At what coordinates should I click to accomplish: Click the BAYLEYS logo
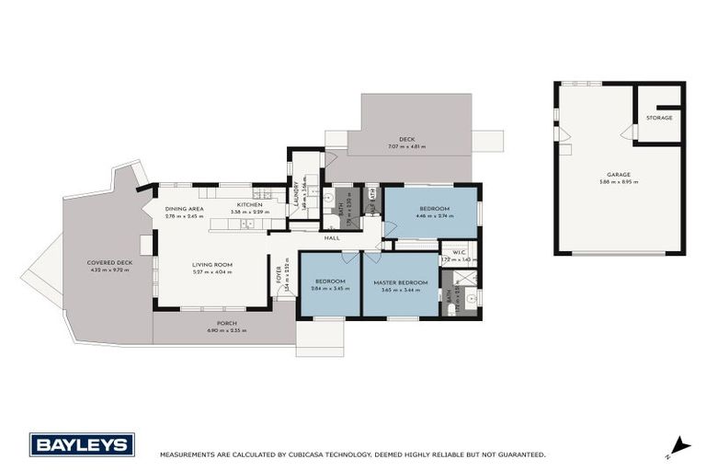(x=82, y=444)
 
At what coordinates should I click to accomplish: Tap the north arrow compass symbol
(x=678, y=447)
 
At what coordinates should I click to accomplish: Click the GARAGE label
(x=619, y=174)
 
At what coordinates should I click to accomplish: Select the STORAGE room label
(x=659, y=118)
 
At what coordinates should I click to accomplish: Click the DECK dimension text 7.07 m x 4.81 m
(x=406, y=147)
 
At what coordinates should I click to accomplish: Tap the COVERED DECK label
(x=109, y=262)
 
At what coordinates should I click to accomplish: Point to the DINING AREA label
(x=184, y=209)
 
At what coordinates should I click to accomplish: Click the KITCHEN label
(x=249, y=204)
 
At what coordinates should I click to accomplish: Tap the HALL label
(x=331, y=237)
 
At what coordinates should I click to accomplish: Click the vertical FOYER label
(x=279, y=275)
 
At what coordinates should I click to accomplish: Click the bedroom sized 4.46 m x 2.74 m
(x=432, y=213)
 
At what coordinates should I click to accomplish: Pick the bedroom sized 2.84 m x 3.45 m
(x=329, y=284)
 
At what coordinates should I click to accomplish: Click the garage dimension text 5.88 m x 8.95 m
(x=619, y=181)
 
